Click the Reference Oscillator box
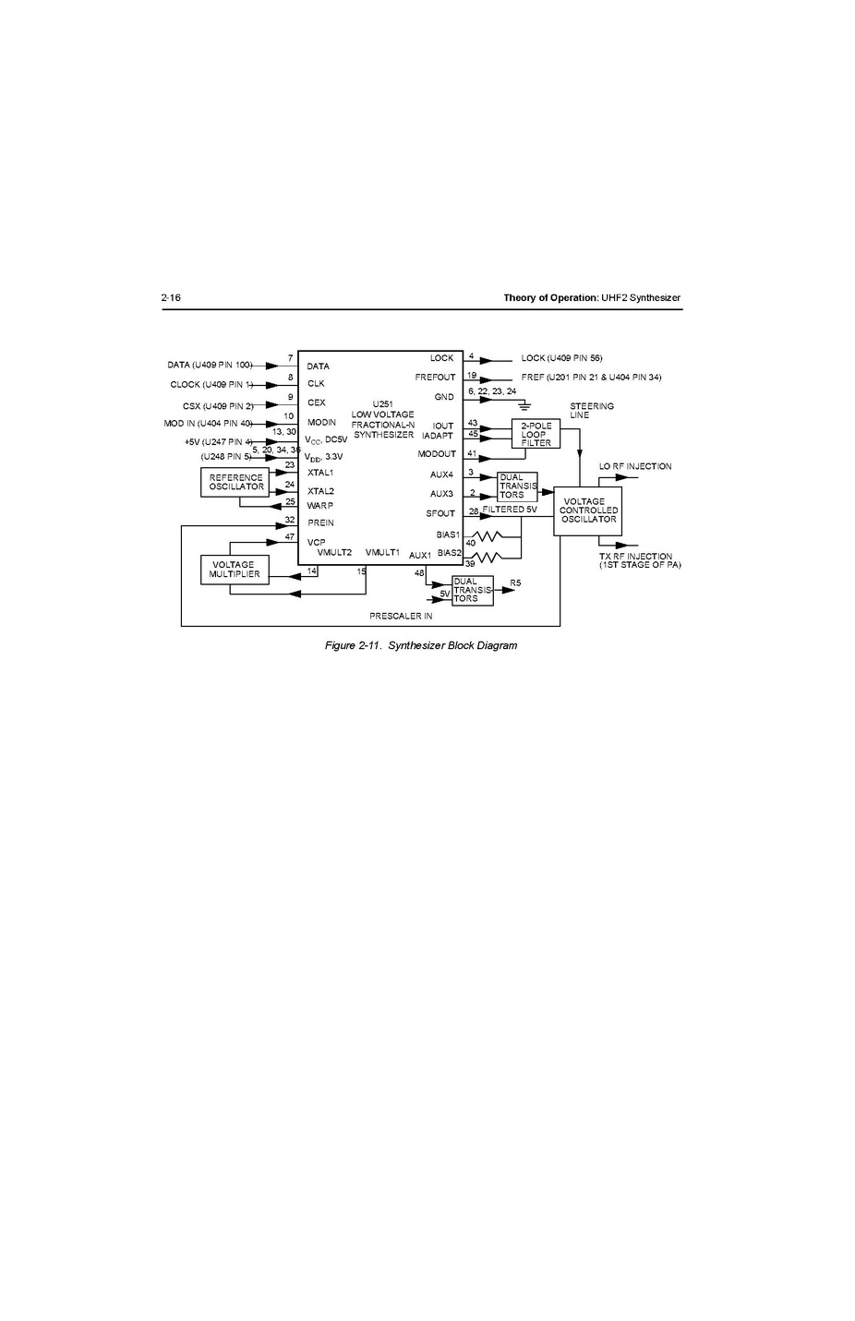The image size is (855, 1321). click(236, 482)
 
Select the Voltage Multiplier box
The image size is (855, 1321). click(235, 570)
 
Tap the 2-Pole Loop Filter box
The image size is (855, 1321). click(536, 434)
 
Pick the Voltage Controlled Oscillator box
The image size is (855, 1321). click(588, 510)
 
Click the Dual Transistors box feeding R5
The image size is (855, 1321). click(472, 591)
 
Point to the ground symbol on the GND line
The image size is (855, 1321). click(524, 405)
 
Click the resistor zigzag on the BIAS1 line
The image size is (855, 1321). click(487, 536)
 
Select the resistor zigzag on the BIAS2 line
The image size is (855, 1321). click(487, 556)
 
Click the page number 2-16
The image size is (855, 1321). click(171, 298)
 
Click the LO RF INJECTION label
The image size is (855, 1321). click(635, 466)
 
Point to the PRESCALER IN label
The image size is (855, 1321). click(401, 616)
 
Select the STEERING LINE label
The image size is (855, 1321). click(592, 411)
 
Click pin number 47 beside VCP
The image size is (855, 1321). click(289, 537)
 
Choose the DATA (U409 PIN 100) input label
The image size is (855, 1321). click(210, 365)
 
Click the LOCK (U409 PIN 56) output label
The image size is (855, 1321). click(561, 358)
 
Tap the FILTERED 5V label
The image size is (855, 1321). click(510, 510)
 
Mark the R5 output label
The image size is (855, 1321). click(515, 582)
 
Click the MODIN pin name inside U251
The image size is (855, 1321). click(321, 422)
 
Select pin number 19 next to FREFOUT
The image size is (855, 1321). click(472, 376)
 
